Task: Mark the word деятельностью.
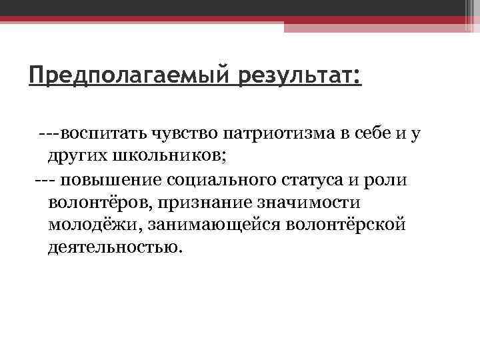coord(114,247)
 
